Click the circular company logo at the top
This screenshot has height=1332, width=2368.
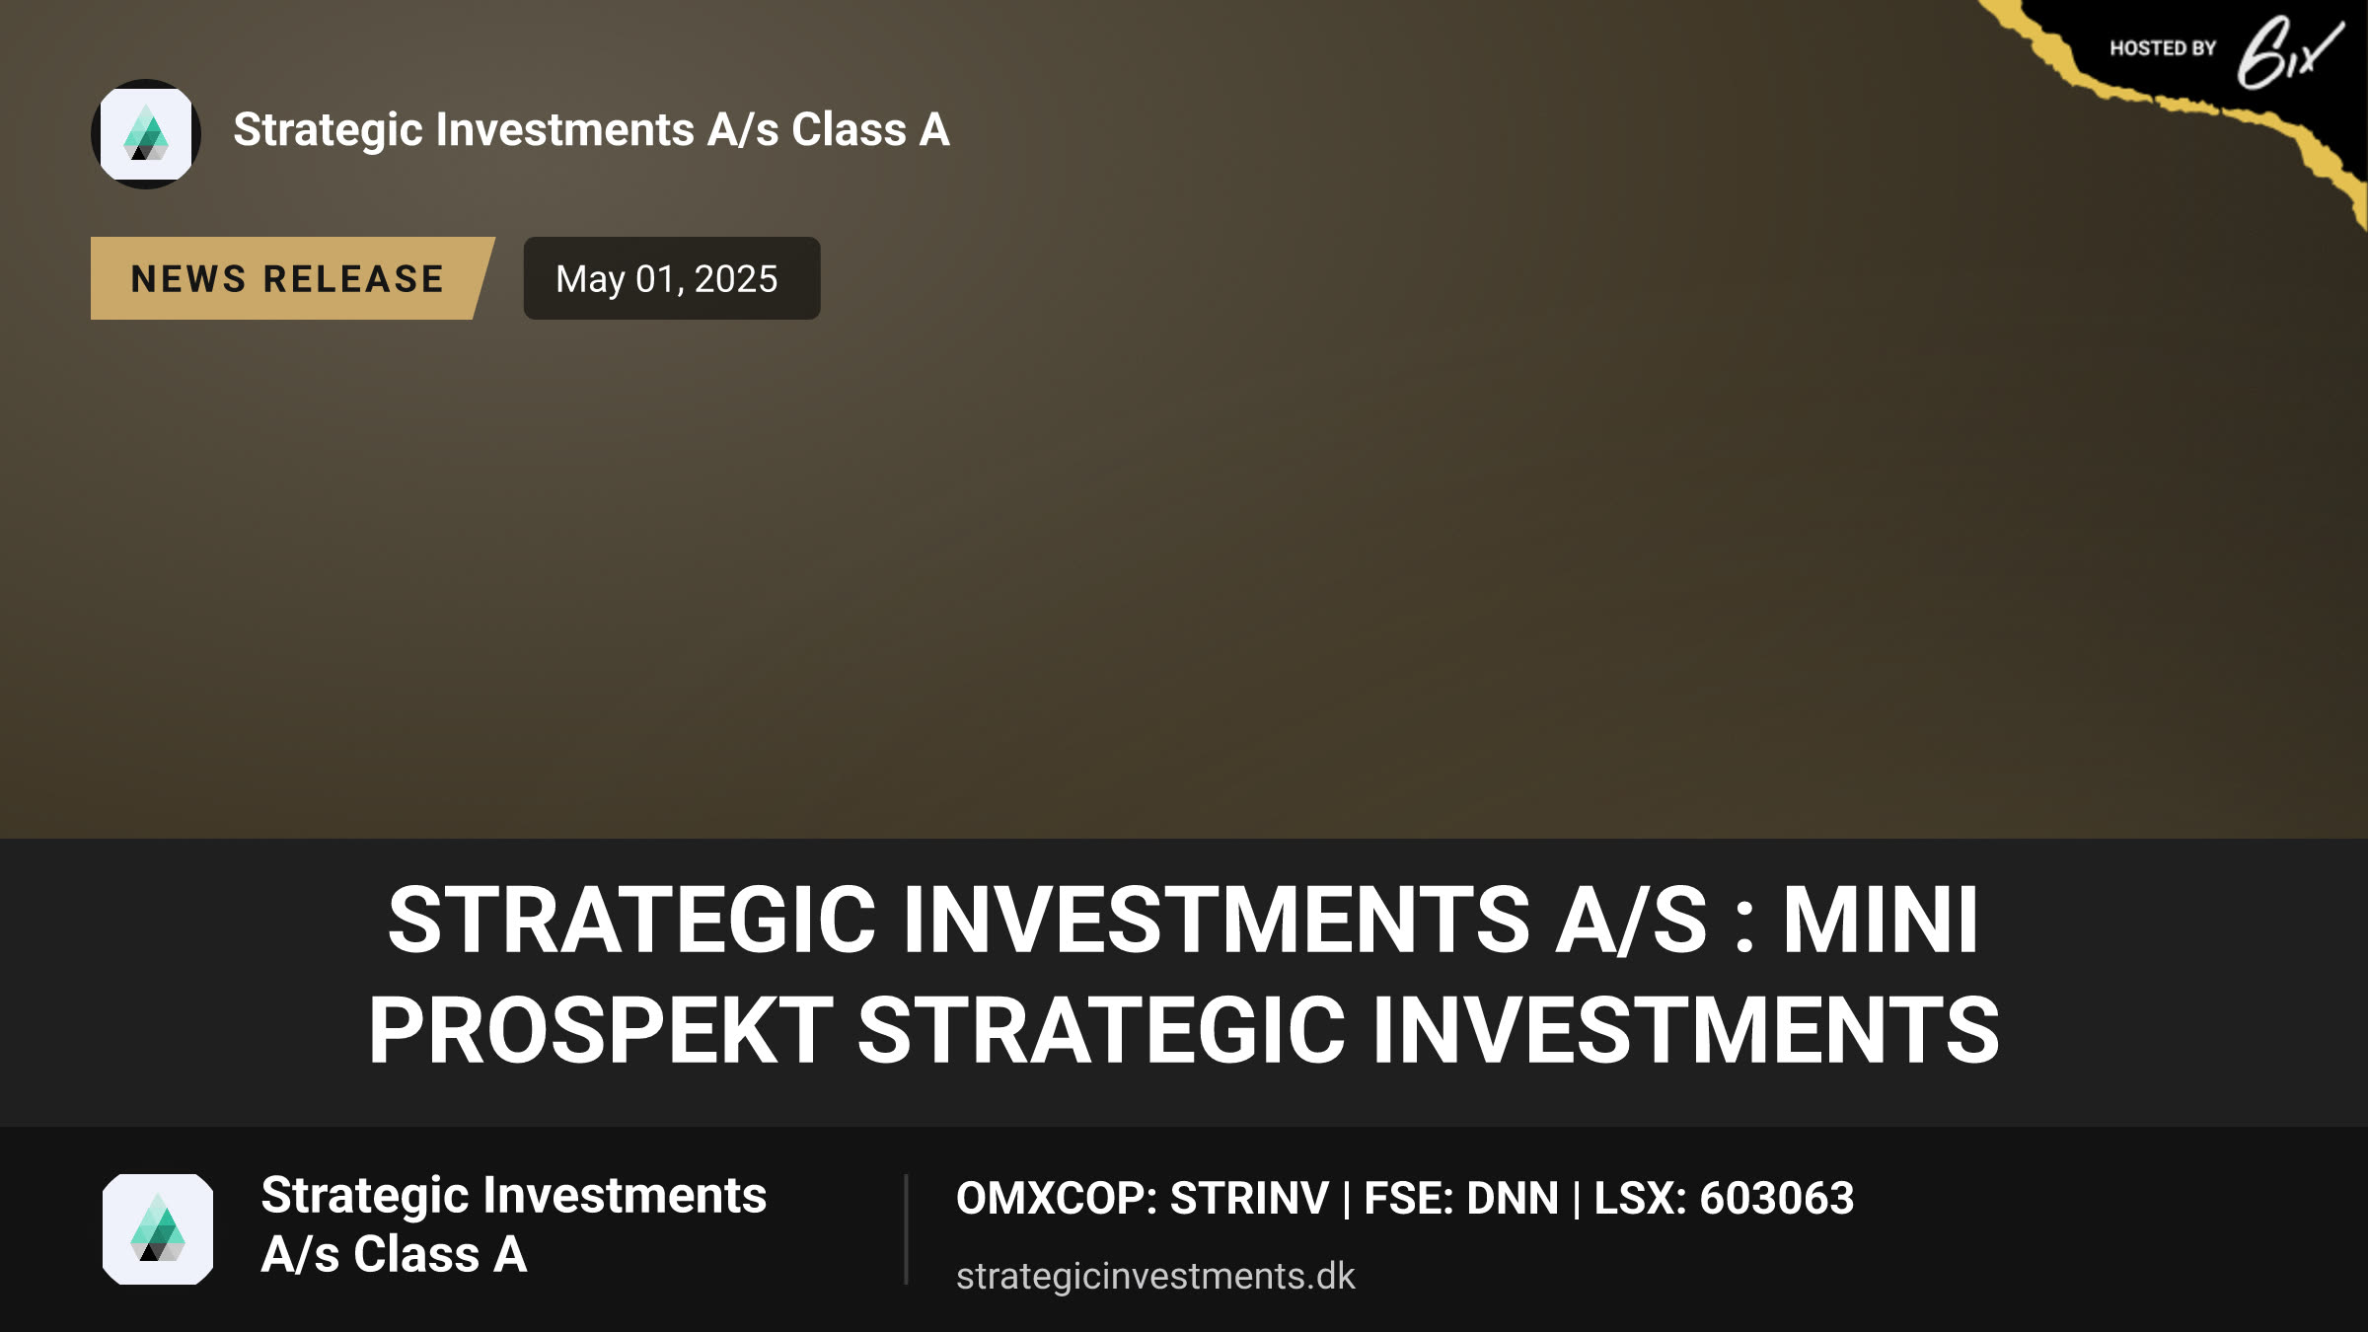pos(146,134)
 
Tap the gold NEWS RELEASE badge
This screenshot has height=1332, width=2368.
pos(292,278)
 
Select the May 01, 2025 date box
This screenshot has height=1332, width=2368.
pos(671,278)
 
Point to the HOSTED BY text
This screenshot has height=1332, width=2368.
pos(2163,48)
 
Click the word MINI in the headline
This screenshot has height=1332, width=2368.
pos(1881,920)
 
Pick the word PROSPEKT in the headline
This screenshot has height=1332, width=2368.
pos(601,1030)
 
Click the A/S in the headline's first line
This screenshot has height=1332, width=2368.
pos(1632,920)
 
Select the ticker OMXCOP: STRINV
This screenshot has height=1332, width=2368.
pos(1143,1198)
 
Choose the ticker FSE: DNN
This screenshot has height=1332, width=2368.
pos(1461,1198)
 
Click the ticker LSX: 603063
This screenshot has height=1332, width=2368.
pos(1724,1198)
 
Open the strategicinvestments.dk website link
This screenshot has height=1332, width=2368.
pos(1155,1276)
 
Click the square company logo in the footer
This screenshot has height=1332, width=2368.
pos(158,1229)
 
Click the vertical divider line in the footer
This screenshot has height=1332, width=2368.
pos(906,1229)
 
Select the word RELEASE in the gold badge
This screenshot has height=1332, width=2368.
pos(354,279)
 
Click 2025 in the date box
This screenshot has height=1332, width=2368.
pos(736,279)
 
